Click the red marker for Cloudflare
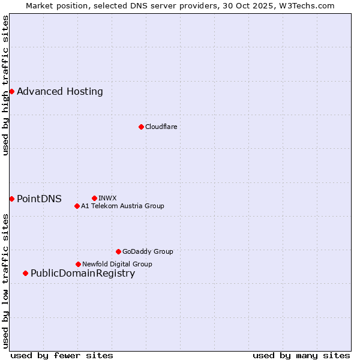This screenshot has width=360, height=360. tap(141, 127)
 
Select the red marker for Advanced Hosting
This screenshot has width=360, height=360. tap(11, 91)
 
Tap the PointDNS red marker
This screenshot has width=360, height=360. tap(11, 199)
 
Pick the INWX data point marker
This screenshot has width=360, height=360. tap(94, 198)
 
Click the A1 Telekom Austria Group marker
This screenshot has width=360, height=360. tap(77, 206)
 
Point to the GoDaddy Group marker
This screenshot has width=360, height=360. tap(118, 251)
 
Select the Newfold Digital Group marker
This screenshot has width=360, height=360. tap(78, 264)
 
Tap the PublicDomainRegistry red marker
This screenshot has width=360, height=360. tap(25, 274)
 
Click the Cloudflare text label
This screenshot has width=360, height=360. tap(161, 127)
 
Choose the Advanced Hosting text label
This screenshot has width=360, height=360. tap(60, 91)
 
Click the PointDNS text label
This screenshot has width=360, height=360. tap(39, 199)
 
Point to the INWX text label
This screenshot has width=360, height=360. tap(107, 198)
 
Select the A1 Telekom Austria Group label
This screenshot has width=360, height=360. tap(122, 206)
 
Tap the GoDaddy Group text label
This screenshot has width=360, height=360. tap(148, 251)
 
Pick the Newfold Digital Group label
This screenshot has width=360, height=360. tap(117, 264)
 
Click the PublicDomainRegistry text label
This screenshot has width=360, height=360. tap(83, 274)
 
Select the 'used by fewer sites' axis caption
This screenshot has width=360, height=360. tap(62, 355)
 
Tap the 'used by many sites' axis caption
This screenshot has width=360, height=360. tap(301, 355)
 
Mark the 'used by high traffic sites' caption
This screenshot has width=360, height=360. tap(5, 86)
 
